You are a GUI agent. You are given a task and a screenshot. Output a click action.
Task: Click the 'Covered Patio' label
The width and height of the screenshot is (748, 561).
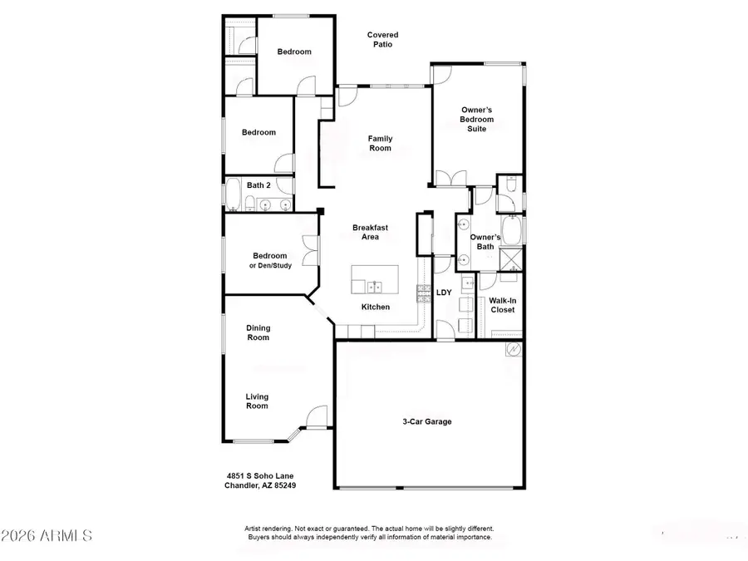[383, 40]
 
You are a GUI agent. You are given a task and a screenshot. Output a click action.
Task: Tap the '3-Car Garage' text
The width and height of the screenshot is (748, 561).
[427, 421]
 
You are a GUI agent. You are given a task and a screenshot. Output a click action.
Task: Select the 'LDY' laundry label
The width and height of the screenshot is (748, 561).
[444, 292]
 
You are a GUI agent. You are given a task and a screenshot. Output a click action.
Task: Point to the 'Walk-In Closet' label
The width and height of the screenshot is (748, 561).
[501, 305]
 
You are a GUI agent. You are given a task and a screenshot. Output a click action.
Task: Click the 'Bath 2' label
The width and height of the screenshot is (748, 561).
[258, 185]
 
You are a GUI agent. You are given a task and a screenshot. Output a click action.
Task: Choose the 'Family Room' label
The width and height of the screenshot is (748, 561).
[381, 144]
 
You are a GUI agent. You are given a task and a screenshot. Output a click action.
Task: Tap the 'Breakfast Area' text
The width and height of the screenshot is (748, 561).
[370, 232]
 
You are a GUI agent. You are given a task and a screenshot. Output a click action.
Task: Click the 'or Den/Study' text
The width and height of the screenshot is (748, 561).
[270, 266]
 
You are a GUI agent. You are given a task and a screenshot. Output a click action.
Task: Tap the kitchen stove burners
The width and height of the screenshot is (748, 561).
[422, 291]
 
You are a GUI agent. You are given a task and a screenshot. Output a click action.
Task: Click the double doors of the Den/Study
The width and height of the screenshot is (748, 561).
[311, 249]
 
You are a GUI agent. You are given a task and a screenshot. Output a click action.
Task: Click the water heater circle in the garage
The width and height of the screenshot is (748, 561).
[514, 350]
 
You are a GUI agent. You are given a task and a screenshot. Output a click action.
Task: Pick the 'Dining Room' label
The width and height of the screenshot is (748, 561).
[258, 332]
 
